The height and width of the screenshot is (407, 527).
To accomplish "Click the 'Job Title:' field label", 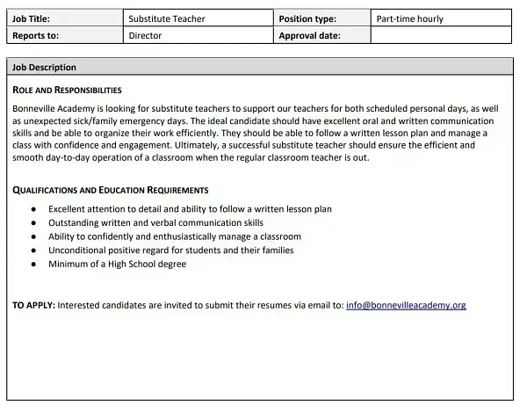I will coord(32,18).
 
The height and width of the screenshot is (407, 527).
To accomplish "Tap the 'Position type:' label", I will coord(310,18).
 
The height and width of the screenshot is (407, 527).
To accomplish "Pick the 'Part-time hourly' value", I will coord(409,18).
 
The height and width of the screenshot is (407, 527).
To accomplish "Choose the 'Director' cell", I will coord(145,36).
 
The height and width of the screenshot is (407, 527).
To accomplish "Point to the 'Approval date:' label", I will coord(309,36).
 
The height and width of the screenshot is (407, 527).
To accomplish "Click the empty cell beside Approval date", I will coord(440,36).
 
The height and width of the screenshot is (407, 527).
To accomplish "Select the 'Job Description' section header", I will coord(45,67).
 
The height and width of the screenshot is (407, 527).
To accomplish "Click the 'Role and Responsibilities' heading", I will coord(67,90).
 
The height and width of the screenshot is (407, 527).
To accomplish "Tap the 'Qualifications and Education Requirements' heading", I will coord(110,189).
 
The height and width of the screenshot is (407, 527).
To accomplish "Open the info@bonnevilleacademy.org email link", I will coord(406,305).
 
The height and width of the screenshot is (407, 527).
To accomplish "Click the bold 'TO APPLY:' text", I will coord(33,305).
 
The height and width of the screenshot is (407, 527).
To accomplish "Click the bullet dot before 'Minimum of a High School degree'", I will coord(33,264).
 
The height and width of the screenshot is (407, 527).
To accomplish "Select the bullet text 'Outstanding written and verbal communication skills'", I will coord(155,223).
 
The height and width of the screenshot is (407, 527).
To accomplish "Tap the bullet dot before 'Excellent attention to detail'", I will coord(33,209).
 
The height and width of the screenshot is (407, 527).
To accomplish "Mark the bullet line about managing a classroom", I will coord(175,236).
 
